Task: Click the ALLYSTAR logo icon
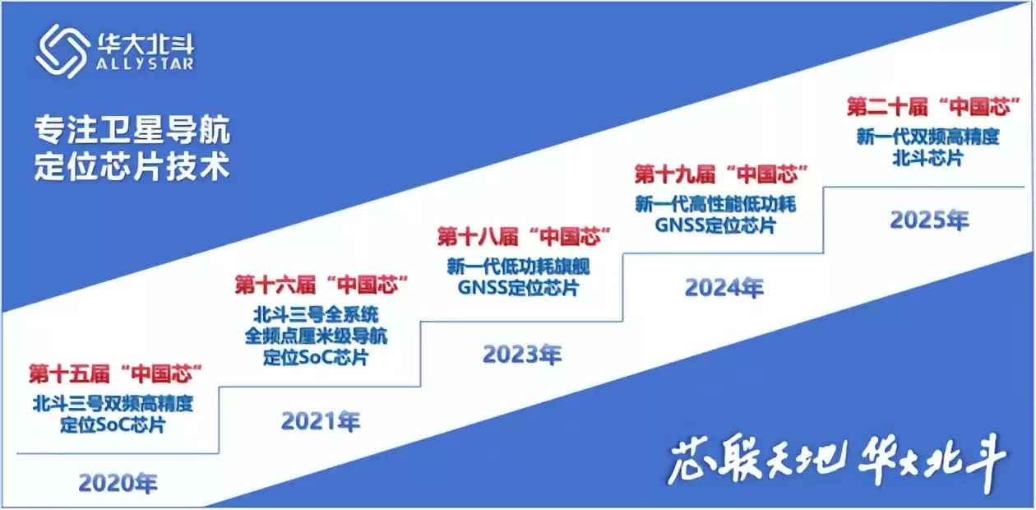tap(62, 50)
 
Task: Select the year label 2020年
tap(118, 483)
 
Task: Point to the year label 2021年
tap(321, 421)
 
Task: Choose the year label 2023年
tap(522, 355)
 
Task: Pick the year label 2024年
tap(724, 288)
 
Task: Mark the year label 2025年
tap(929, 220)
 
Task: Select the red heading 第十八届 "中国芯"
tap(524, 238)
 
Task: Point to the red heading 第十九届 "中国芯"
tap(720, 174)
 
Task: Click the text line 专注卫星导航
tap(132, 130)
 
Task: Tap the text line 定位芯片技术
tap(132, 167)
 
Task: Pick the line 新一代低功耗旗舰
tap(518, 267)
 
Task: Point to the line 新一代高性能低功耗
tap(715, 203)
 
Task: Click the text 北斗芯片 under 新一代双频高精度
tap(927, 158)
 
